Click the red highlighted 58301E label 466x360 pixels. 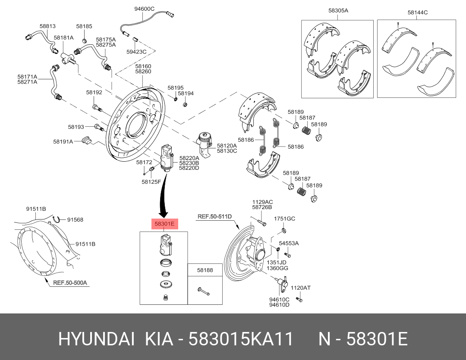click(164, 224)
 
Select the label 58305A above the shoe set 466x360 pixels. click(338, 10)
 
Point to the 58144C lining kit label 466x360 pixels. click(417, 13)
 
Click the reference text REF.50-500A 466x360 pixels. click(70, 283)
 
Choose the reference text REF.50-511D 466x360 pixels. click(214, 216)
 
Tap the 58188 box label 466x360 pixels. click(205, 270)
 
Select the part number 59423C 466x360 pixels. click(136, 52)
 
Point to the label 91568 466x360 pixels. click(75, 219)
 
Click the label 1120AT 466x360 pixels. click(300, 288)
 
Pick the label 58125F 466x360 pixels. click(151, 182)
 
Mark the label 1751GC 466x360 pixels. click(285, 219)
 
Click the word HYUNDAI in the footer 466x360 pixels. click(96, 339)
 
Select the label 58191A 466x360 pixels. click(63, 141)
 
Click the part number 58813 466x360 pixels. click(47, 26)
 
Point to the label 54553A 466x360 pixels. click(289, 243)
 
